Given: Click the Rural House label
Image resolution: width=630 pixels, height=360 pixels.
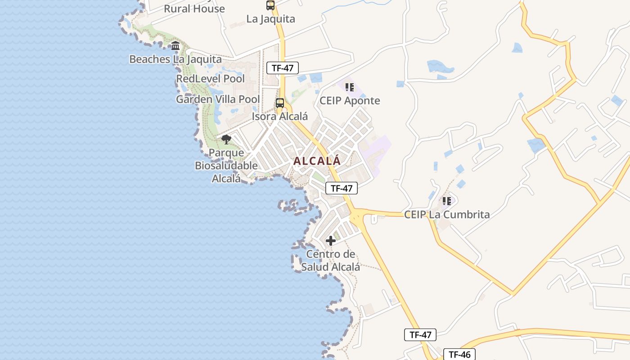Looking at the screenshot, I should (194, 9).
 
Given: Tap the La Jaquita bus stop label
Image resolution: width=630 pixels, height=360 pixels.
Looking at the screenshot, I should (270, 19).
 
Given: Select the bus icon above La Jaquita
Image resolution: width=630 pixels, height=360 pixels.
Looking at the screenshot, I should (270, 5).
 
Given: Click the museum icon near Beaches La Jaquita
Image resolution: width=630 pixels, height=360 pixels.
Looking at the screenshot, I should (175, 45).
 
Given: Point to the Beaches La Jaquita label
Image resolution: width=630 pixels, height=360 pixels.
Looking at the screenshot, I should (175, 59).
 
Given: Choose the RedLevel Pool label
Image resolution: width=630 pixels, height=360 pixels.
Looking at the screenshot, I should (210, 79).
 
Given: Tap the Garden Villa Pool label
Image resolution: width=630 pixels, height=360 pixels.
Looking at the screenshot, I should (218, 99).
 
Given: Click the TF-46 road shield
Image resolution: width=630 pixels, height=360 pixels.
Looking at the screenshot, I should (459, 355).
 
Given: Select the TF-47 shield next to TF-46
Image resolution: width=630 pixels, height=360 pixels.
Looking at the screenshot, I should (420, 335).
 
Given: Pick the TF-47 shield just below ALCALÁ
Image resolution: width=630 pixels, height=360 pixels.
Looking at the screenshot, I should (341, 188).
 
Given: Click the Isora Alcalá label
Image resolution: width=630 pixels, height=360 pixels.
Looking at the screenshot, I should (280, 116).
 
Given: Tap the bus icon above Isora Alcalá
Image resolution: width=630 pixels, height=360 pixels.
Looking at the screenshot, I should (280, 103).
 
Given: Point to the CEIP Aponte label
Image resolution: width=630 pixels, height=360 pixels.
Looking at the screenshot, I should (350, 101).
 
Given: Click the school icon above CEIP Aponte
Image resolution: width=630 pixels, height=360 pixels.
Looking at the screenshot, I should (350, 87).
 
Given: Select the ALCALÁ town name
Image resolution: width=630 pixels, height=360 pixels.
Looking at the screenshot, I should (317, 161).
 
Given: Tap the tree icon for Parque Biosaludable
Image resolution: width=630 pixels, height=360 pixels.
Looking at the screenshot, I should (226, 139).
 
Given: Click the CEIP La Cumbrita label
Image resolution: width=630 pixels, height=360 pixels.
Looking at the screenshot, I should (447, 214).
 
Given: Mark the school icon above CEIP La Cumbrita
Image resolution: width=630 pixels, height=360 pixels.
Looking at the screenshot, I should (446, 201).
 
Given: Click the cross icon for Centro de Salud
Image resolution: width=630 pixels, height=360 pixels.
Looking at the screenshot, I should (331, 241).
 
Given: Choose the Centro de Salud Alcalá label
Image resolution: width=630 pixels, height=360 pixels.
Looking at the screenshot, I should (331, 261).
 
